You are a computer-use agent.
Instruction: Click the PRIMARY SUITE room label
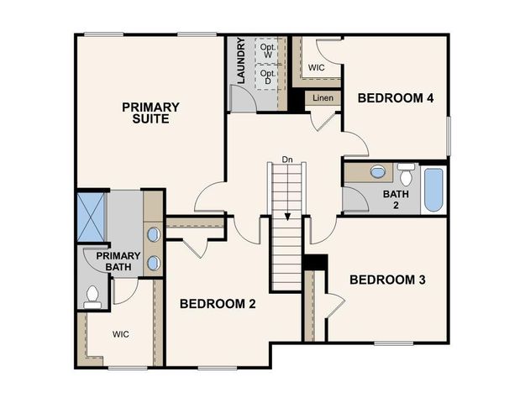(150, 113)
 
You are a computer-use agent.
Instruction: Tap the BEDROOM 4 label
(395, 98)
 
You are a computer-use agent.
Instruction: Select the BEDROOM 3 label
(387, 280)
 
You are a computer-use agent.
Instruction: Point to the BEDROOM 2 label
(217, 304)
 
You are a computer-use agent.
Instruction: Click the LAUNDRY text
(240, 61)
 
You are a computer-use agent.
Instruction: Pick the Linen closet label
(323, 98)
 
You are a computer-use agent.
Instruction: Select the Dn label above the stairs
(287, 159)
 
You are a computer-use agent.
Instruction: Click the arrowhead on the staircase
(287, 216)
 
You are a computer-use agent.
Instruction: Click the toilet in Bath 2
(406, 175)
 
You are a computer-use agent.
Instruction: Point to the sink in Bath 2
(379, 172)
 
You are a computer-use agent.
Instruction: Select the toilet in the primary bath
(93, 295)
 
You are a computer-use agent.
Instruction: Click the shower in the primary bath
(90, 218)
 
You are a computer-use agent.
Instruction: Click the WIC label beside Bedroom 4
(317, 67)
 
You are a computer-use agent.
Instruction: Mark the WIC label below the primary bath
(121, 334)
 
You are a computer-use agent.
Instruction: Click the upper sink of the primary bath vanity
(154, 234)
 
